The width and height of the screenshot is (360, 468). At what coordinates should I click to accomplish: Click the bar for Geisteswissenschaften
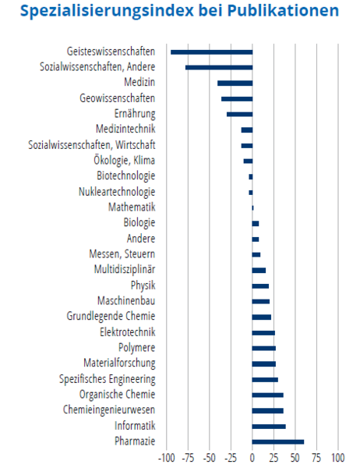tap(211, 52)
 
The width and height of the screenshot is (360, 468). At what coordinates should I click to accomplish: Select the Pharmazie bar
tap(278, 441)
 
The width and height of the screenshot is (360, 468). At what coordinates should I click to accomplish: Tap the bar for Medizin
tap(235, 83)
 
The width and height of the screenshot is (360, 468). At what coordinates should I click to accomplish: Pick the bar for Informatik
tap(269, 426)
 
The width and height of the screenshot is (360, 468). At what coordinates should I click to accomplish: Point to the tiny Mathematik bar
tap(253, 207)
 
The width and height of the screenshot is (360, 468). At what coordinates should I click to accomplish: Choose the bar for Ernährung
tap(239, 115)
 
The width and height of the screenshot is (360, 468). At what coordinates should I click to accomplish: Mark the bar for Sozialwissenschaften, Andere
tap(219, 68)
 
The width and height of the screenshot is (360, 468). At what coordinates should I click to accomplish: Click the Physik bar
tap(260, 286)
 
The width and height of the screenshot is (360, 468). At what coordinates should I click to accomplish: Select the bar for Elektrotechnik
tap(263, 333)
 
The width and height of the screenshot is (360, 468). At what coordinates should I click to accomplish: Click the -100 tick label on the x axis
tap(167, 458)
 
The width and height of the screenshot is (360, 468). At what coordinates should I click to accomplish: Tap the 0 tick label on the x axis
tap(252, 458)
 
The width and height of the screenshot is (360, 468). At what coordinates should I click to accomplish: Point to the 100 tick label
tap(338, 458)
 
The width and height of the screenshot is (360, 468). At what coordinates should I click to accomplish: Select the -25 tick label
tap(231, 458)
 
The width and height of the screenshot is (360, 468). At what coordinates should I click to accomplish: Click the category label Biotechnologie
tap(126, 175)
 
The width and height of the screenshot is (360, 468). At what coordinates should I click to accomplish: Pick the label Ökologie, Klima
tap(125, 160)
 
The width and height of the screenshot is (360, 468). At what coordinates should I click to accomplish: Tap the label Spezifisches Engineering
tap(108, 379)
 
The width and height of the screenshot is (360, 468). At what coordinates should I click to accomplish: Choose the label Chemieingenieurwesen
tap(109, 409)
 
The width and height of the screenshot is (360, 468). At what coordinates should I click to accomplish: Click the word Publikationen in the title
tap(283, 10)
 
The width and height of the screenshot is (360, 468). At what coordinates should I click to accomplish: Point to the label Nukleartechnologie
tap(117, 192)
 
